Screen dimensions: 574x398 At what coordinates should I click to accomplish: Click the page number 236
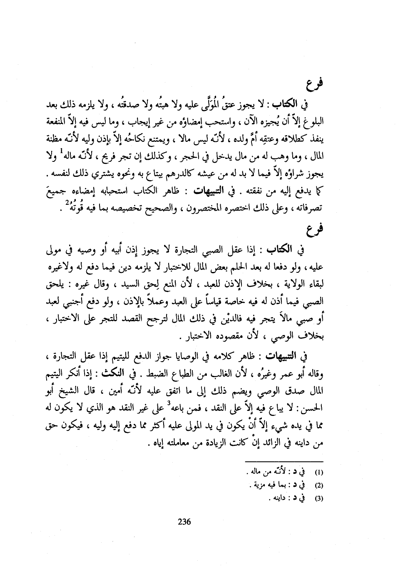(184, 521)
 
